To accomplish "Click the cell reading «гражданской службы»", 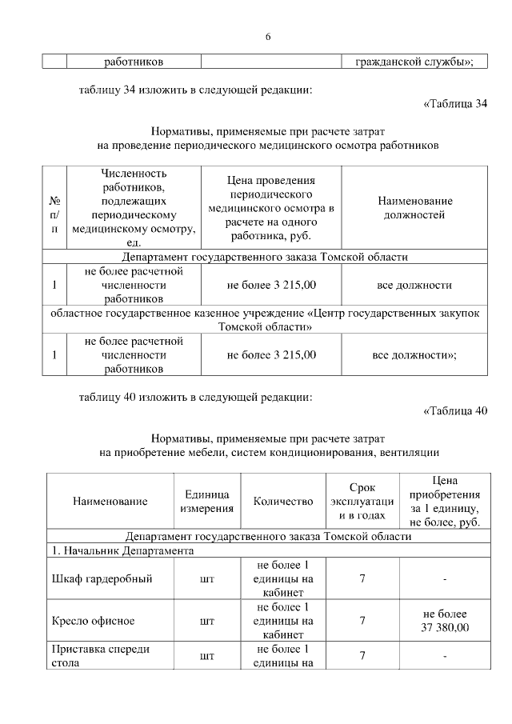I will click(414, 61).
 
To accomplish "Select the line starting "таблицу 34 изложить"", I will click(194, 90).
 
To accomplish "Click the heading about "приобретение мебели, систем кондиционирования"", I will click(268, 453).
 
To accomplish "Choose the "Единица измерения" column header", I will click(206, 502).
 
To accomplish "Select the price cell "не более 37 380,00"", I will click(444, 620).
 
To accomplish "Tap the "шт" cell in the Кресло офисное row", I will click(206, 620).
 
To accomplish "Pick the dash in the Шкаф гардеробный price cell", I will click(444, 579).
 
